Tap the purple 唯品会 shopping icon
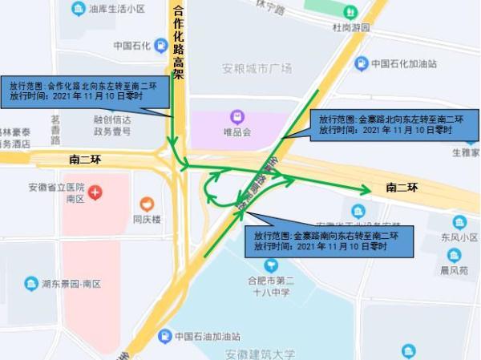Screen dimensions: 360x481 click(x=237, y=117)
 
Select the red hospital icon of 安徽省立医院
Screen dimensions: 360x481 click(x=95, y=192)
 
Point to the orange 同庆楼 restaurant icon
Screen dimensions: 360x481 click(x=147, y=204)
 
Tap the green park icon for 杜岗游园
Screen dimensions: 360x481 click(x=350, y=12)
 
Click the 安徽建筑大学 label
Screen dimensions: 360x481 click(x=260, y=354)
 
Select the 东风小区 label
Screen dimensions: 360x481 click(x=459, y=237)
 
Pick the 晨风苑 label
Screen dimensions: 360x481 click(x=454, y=271)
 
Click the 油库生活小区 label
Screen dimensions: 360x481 click(x=117, y=9)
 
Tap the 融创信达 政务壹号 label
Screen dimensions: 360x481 click(x=112, y=126)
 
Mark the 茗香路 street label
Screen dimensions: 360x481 click(x=55, y=128)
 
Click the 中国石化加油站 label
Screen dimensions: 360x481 click(x=404, y=63)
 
